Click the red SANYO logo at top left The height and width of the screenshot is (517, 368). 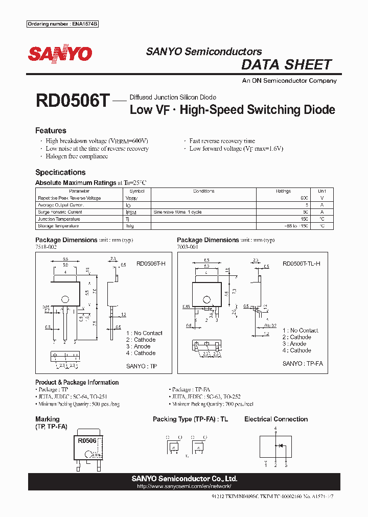60,54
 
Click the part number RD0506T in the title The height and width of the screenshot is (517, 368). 72,101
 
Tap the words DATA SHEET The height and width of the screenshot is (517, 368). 286,65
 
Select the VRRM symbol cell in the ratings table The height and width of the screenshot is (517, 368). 131,198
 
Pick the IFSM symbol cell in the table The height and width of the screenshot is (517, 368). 131,212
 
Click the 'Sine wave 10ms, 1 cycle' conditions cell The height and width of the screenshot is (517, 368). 177,212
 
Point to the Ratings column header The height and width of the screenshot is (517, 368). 284,191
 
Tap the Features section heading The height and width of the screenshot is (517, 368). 51,131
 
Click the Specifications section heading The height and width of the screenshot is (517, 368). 60,173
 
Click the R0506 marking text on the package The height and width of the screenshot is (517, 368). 87,440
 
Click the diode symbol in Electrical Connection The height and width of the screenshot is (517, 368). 280,445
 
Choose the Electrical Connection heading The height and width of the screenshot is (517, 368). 276,419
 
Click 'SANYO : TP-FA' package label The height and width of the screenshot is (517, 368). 303,363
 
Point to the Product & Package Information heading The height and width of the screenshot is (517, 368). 77,382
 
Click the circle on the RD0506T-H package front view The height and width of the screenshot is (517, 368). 65,300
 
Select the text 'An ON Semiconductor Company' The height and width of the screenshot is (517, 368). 289,81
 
